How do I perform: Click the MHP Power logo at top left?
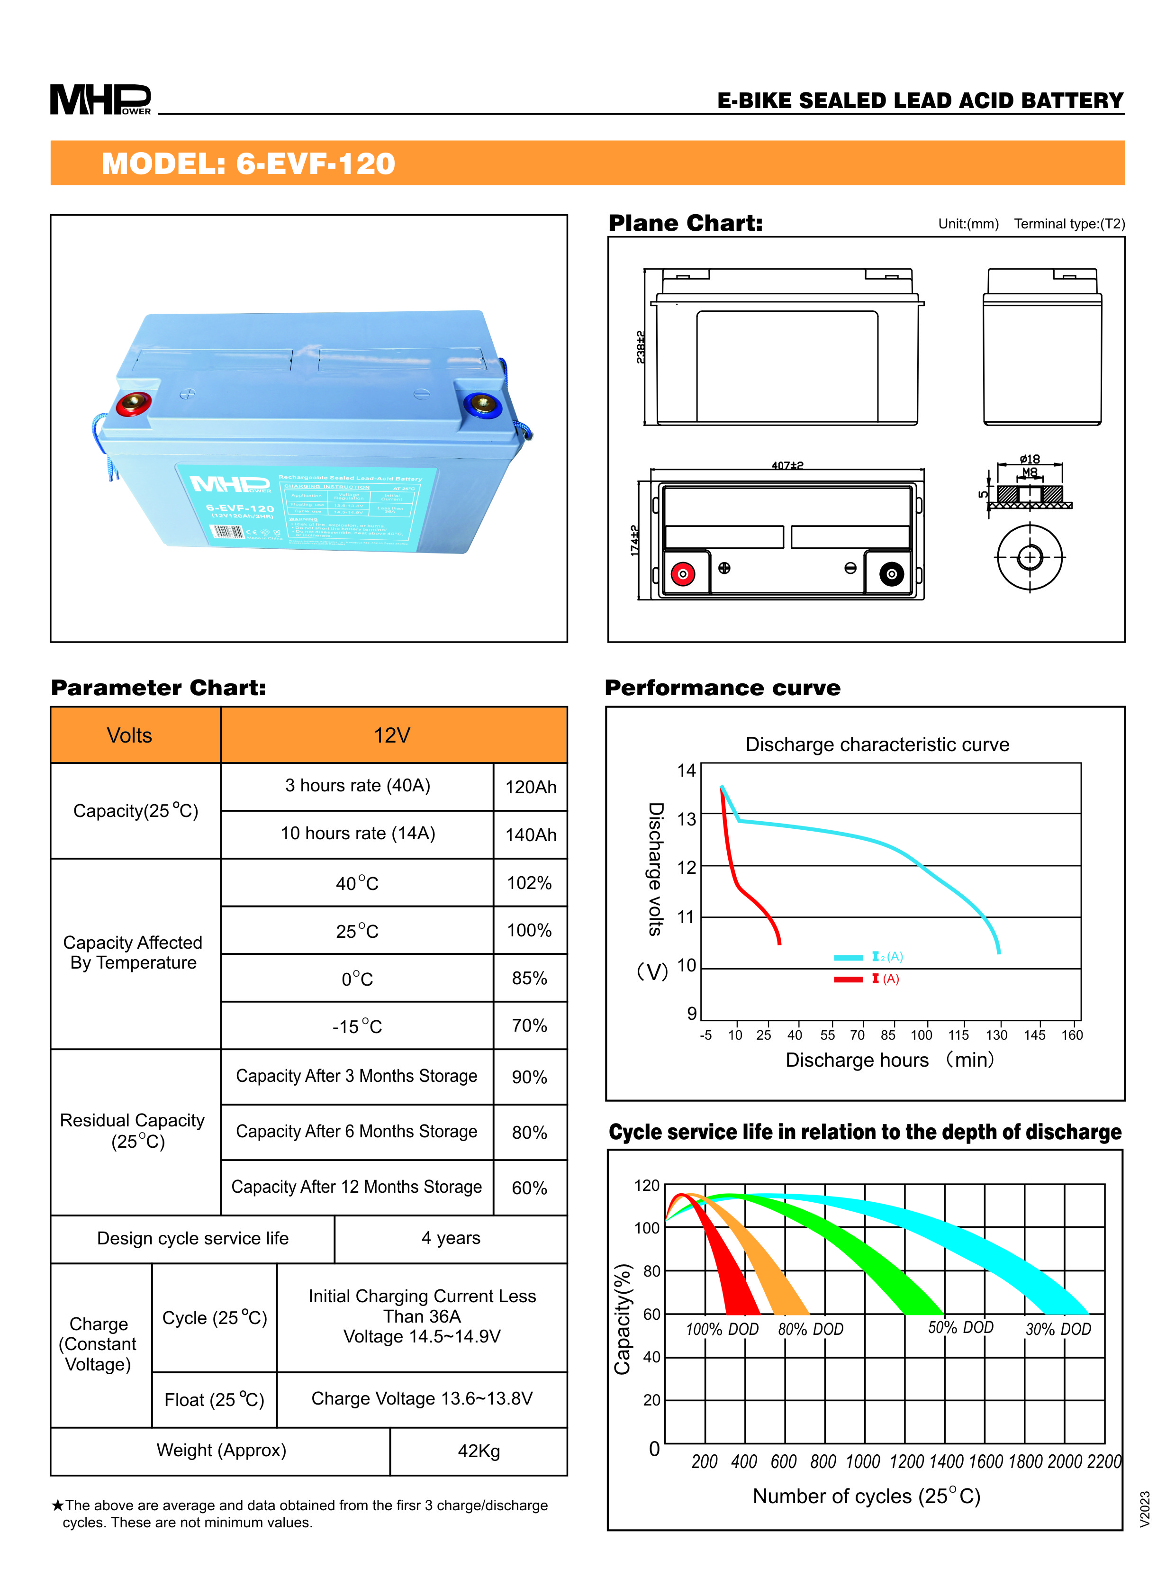[x=100, y=99]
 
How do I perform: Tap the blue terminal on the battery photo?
[x=483, y=404]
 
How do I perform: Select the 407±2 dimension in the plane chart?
[x=787, y=465]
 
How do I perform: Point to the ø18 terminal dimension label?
[x=1029, y=459]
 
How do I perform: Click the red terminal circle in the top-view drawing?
[x=683, y=573]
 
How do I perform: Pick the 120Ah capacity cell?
[x=531, y=787]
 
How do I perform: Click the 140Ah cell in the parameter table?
[x=531, y=834]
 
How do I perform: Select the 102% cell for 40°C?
[x=529, y=883]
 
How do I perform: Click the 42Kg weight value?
[x=479, y=1451]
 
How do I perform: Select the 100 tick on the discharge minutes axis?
[x=921, y=1035]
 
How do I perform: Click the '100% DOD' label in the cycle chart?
[x=722, y=1329]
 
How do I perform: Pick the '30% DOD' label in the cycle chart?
[x=1057, y=1329]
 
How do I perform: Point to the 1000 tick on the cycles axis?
[x=863, y=1462]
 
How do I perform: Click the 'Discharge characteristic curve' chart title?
[x=877, y=744]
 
